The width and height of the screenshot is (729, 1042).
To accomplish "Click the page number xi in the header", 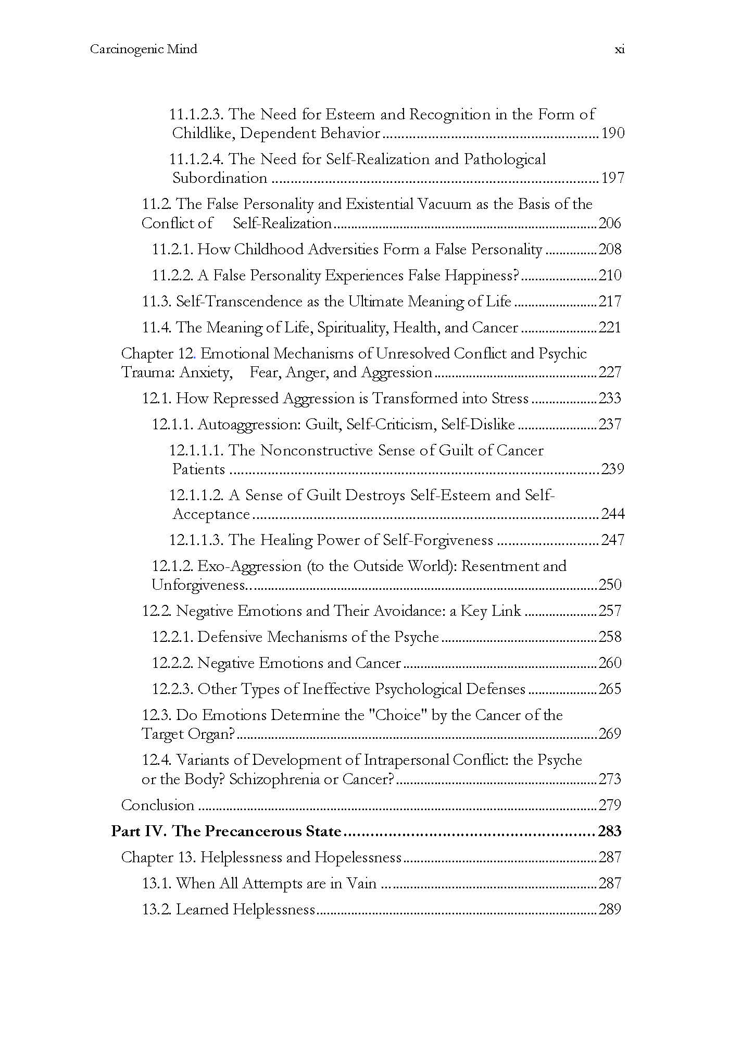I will pyautogui.click(x=619, y=49).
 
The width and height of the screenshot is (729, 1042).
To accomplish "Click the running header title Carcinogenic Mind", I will pyautogui.click(x=144, y=49).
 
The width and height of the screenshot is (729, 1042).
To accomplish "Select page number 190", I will pyautogui.click(x=612, y=133).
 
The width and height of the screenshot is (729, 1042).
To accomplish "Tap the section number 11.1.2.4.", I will pyautogui.click(x=196, y=159).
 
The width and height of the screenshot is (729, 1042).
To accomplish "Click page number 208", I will pyautogui.click(x=610, y=249).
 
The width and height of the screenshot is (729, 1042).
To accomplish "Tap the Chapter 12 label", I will pyautogui.click(x=158, y=353).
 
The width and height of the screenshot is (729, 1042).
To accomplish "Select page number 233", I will pyautogui.click(x=610, y=398).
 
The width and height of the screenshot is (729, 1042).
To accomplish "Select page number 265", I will pyautogui.click(x=610, y=689).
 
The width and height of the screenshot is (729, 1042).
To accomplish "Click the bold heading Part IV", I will pyautogui.click(x=138, y=831).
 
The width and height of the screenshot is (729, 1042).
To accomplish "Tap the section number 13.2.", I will pyautogui.click(x=157, y=909).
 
